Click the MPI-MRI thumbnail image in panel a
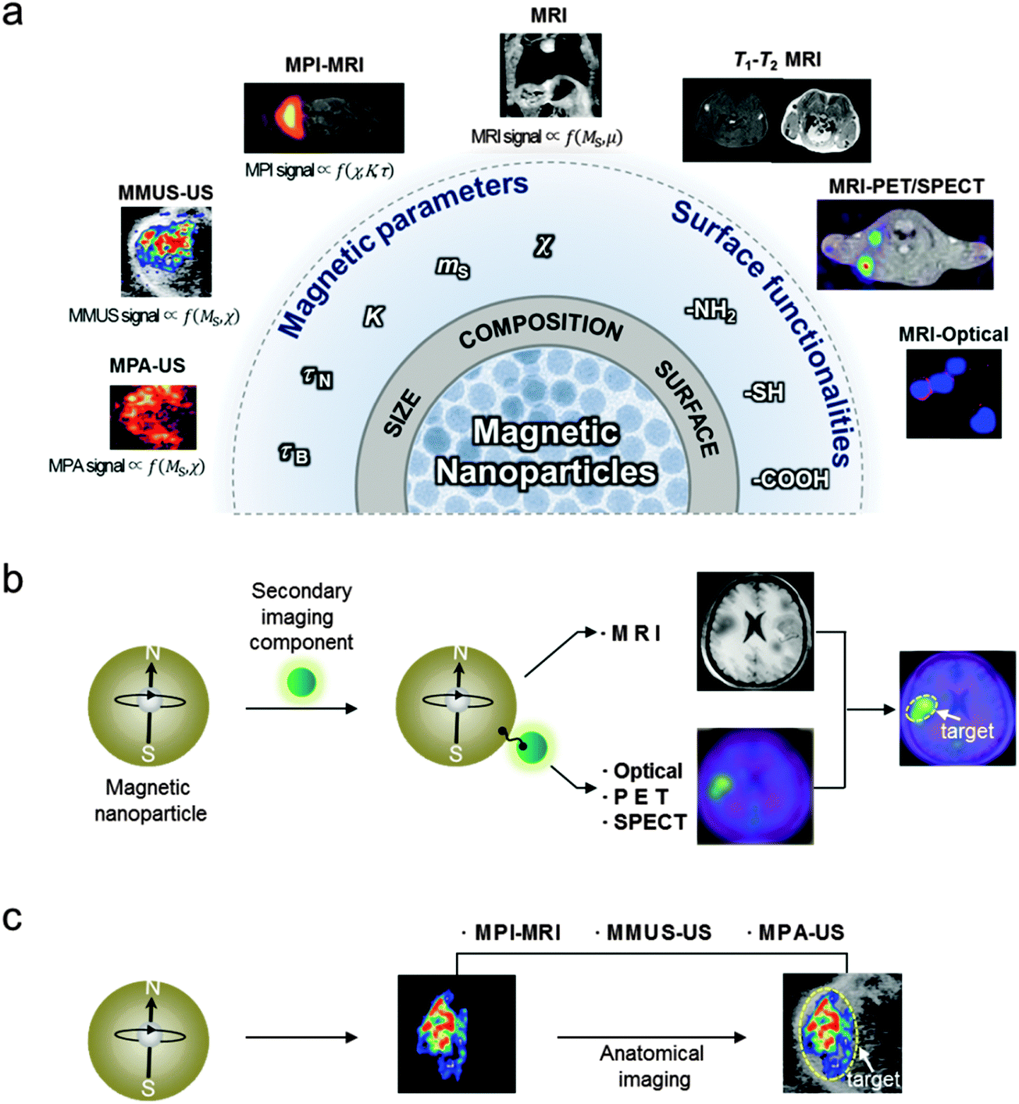(323, 117)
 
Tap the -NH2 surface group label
(711, 312)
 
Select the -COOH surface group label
(790, 479)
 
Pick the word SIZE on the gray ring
(402, 414)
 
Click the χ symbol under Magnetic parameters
(543, 246)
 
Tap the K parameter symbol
(374, 317)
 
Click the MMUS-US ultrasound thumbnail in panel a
(166, 251)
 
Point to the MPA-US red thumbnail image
(152, 417)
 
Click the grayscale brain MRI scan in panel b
(755, 631)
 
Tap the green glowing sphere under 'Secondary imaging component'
(301, 682)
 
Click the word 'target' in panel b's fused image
(967, 732)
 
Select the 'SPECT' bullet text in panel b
(650, 822)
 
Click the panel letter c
(12, 917)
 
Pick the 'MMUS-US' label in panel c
(658, 932)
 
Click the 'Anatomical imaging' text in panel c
(652, 1067)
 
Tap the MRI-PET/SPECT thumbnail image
(905, 244)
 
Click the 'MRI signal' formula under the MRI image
(547, 137)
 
